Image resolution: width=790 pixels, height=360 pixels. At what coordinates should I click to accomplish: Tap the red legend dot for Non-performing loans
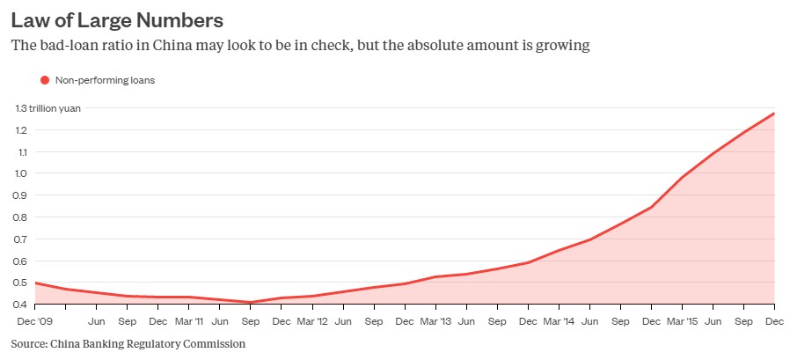45,80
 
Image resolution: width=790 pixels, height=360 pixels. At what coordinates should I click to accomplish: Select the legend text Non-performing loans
105,80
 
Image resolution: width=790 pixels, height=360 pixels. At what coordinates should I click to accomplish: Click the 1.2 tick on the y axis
21,130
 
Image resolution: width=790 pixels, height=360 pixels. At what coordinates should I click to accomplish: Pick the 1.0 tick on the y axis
21,173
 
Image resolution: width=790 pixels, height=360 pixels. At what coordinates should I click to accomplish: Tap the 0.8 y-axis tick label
21,217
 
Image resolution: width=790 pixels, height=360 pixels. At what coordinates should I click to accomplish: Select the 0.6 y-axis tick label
21,261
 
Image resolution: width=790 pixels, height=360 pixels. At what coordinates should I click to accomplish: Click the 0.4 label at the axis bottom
21,305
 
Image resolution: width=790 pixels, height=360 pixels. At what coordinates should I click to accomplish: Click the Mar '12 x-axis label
313,322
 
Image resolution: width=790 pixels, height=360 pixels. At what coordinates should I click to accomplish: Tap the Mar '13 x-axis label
435,322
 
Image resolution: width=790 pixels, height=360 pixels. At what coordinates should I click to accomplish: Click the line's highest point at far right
773,114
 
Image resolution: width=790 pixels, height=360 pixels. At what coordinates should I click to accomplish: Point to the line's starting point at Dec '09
34,283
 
